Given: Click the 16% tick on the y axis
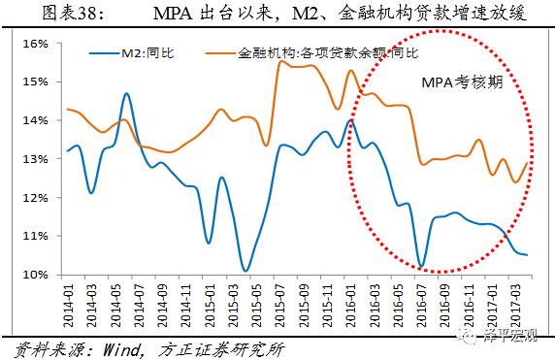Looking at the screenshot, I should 34,44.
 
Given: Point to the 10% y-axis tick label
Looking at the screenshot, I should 34,275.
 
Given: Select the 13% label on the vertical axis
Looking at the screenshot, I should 34,159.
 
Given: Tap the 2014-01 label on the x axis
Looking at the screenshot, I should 68,303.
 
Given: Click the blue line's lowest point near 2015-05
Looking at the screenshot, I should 246,271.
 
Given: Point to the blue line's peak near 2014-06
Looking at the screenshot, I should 127,94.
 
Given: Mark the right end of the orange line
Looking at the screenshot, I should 527,162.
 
